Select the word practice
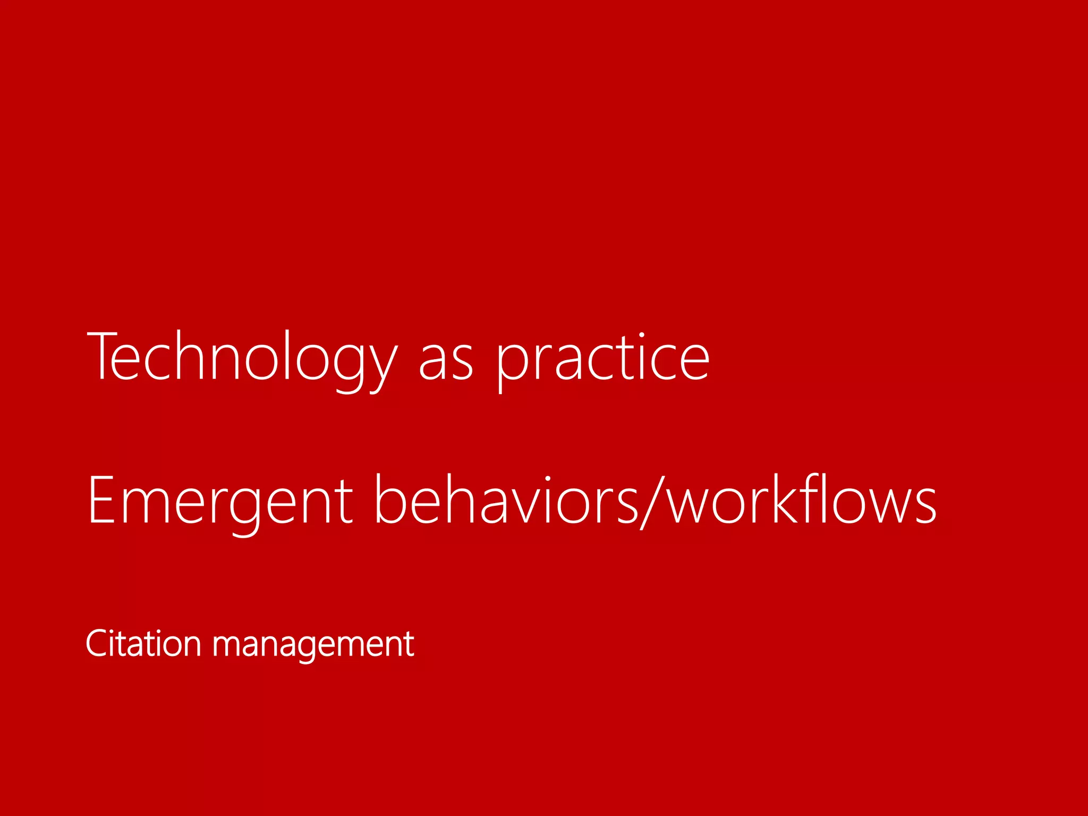coord(603,361)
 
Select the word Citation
coord(143,644)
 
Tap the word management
coord(313,645)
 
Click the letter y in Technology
coord(381,367)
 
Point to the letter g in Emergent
coord(245,510)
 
